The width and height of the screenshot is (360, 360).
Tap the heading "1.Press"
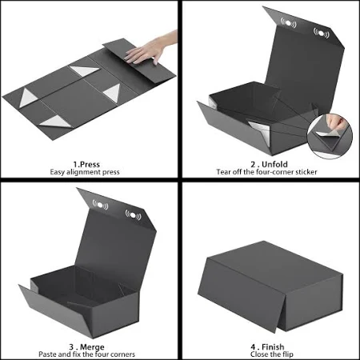point(86,164)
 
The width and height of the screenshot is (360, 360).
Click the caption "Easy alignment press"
point(85,172)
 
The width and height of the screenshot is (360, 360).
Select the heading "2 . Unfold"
point(269,164)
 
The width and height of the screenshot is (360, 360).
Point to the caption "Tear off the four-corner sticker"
point(266,172)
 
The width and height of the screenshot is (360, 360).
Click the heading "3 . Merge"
point(86,347)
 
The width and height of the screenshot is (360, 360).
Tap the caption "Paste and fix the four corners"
point(86,354)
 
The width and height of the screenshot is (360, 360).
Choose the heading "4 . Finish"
point(267,347)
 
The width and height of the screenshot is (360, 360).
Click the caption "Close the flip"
point(272,354)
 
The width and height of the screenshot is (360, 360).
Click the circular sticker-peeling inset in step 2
point(330,136)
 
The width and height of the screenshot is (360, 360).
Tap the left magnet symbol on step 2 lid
point(288,23)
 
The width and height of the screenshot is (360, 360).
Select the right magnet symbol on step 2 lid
point(321,34)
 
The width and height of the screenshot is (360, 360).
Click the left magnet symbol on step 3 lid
point(100,205)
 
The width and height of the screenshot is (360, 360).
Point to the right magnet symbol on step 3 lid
point(133,214)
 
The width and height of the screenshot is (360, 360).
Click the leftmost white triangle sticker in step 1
point(28,98)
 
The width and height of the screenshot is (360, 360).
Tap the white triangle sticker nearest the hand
point(84,70)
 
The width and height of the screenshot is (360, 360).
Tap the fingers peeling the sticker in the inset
point(337,122)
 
